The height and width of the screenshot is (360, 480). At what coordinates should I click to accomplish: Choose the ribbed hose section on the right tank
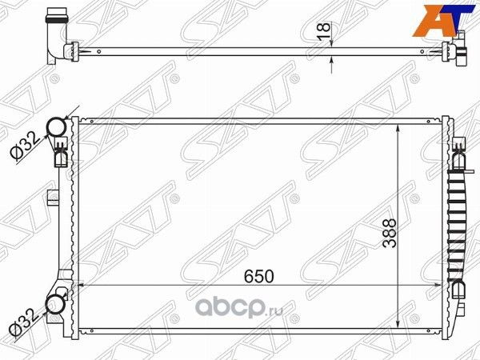click(x=459, y=216)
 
